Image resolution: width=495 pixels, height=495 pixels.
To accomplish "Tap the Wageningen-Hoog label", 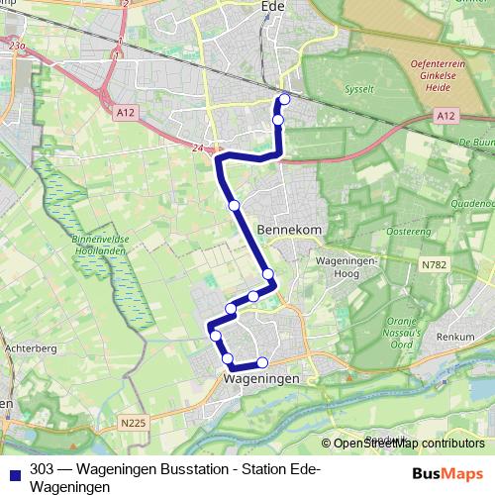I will click(342, 266).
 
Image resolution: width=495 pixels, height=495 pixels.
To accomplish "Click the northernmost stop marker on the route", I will click(285, 98).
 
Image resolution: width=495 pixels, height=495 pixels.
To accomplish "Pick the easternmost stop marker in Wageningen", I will click(262, 362).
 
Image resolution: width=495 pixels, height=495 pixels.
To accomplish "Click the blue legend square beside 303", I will click(13, 472).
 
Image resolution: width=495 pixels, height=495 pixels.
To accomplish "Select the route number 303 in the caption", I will click(42, 468).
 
